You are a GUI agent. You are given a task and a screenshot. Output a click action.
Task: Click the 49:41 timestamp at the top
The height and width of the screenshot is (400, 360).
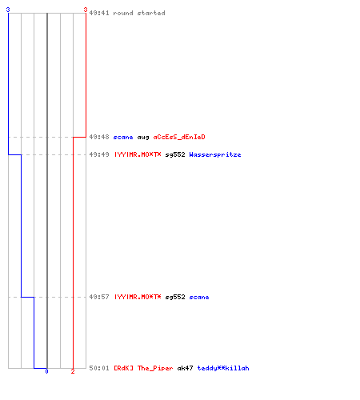[99, 13]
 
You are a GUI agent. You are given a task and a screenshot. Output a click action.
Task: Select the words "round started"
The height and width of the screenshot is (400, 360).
[139, 13]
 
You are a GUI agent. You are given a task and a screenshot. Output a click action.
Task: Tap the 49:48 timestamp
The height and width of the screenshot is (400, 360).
[99, 137]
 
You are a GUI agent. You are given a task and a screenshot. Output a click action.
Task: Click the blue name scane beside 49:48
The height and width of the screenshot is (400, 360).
[123, 137]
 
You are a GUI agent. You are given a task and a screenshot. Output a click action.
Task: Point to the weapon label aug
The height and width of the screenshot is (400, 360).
[143, 138]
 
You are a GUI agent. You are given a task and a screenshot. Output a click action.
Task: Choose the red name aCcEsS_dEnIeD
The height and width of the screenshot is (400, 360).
[179, 137]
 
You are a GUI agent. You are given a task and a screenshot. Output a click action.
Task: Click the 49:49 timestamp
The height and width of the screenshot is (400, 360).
[99, 154]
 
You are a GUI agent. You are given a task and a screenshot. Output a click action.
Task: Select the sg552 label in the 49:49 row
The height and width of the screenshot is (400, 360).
[175, 154]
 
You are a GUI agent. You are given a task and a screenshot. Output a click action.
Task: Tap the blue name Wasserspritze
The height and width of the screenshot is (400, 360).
[215, 154]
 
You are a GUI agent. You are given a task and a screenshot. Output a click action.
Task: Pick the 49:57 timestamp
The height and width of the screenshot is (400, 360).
[99, 297]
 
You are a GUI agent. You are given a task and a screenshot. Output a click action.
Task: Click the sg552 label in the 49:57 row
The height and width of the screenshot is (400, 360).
[175, 297]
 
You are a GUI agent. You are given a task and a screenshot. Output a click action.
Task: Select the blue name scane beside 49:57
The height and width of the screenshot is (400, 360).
[199, 297]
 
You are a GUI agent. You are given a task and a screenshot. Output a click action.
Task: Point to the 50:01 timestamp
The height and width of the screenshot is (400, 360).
[99, 368]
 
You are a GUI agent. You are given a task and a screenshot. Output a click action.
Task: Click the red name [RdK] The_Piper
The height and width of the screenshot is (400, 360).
[143, 368]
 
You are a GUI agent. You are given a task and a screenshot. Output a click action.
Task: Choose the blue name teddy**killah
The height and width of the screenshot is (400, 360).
[223, 368]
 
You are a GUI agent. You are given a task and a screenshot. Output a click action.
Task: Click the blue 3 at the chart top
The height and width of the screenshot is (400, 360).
[8, 10]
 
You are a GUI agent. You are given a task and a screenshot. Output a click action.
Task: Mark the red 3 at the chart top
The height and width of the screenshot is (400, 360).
[86, 10]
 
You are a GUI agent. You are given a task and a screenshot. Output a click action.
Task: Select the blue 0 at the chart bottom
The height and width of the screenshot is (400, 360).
[46, 371]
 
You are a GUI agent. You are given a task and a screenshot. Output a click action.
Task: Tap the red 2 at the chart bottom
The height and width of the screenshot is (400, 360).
[73, 371]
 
